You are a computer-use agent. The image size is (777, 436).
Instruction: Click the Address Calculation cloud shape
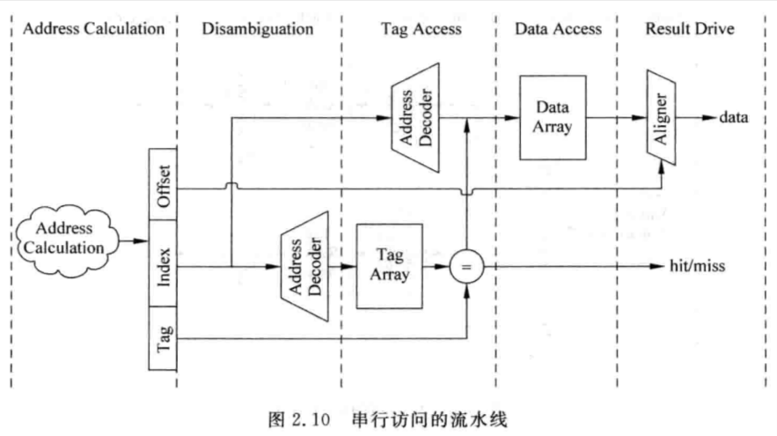[67, 240]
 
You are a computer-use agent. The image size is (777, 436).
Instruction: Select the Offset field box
[163, 184]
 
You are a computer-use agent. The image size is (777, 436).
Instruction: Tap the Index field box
[163, 263]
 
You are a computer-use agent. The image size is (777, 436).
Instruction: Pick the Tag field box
[163, 338]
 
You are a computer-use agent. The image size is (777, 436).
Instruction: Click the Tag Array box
[390, 266]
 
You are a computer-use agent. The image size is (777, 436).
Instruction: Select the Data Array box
[553, 117]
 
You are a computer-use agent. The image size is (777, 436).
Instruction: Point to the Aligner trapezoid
[661, 117]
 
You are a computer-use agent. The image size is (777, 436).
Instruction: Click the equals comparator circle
[466, 267]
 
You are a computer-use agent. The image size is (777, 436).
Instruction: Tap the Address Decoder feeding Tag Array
[304, 266]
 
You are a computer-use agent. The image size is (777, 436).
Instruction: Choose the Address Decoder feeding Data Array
[415, 117]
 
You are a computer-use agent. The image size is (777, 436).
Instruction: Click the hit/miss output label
[697, 266]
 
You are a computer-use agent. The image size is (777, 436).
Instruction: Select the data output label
[733, 117]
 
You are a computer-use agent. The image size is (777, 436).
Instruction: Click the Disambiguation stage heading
[258, 29]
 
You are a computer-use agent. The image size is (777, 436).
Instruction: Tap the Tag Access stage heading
[421, 29]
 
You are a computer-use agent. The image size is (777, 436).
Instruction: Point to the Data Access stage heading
[558, 29]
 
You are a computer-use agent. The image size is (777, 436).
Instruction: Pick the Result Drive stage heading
[690, 29]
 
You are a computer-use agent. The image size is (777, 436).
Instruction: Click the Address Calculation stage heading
[93, 29]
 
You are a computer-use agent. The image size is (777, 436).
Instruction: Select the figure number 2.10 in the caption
[311, 419]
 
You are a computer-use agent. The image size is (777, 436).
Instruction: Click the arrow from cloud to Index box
[134, 241]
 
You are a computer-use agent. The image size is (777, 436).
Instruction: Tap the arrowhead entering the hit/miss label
[657, 266]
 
